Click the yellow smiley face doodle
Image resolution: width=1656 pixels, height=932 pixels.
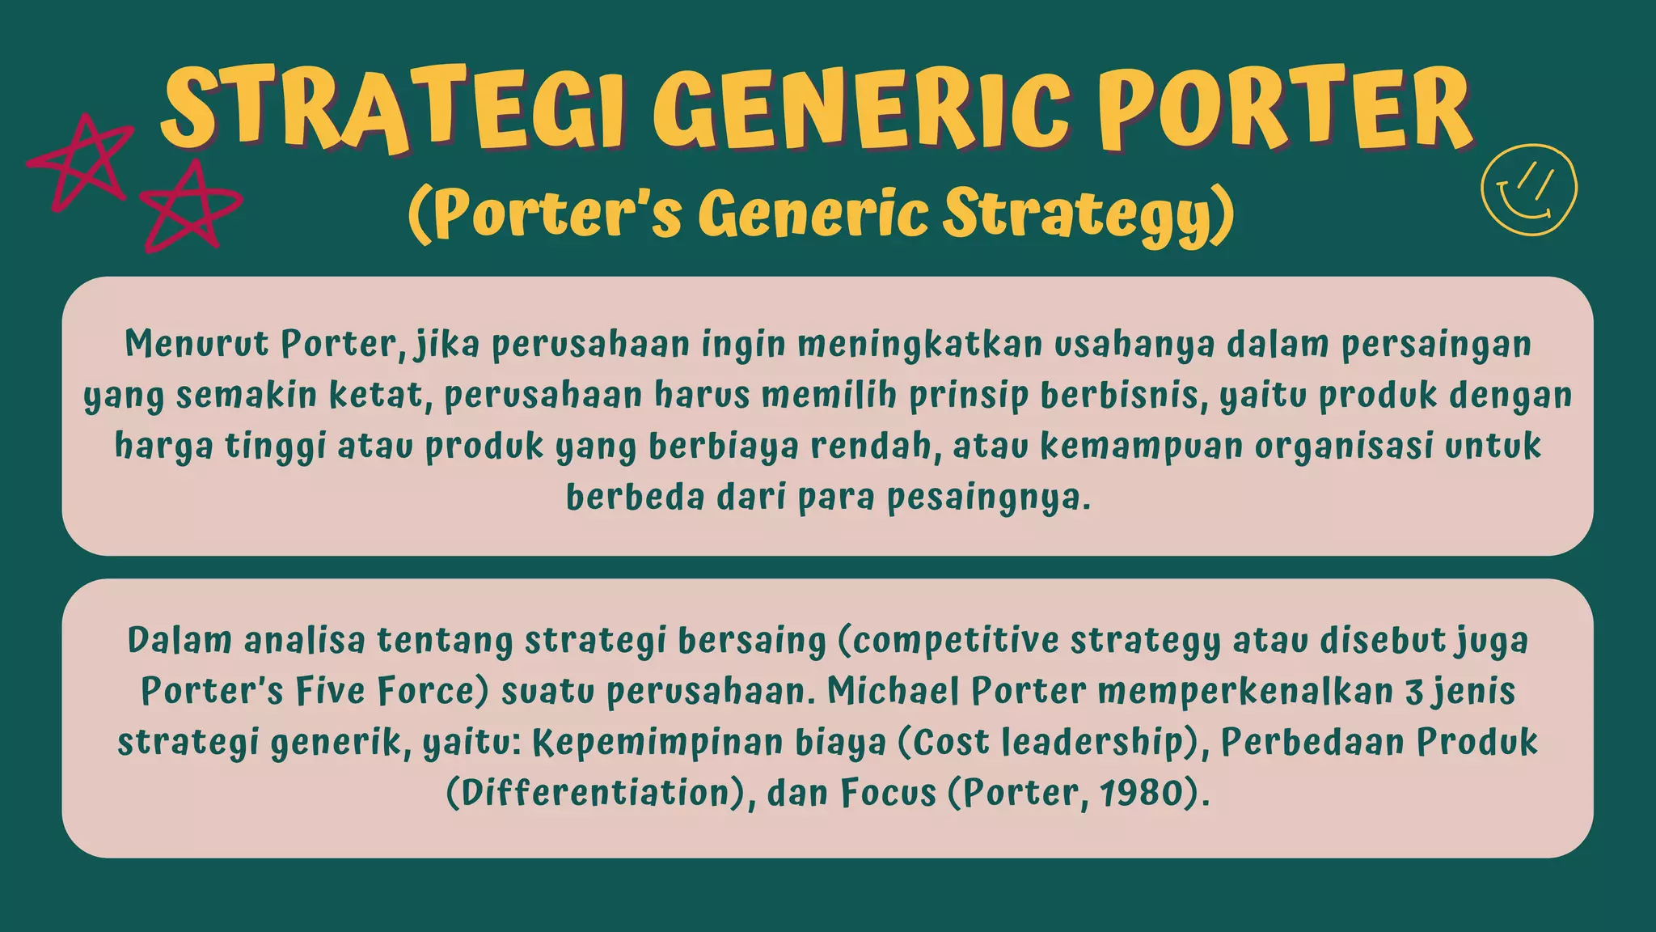pyautogui.click(x=1528, y=191)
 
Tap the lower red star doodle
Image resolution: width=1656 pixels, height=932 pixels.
pyautogui.click(x=190, y=206)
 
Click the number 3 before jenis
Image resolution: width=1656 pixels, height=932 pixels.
pyautogui.click(x=1413, y=692)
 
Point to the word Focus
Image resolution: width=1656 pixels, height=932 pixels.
pyautogui.click(x=888, y=792)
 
